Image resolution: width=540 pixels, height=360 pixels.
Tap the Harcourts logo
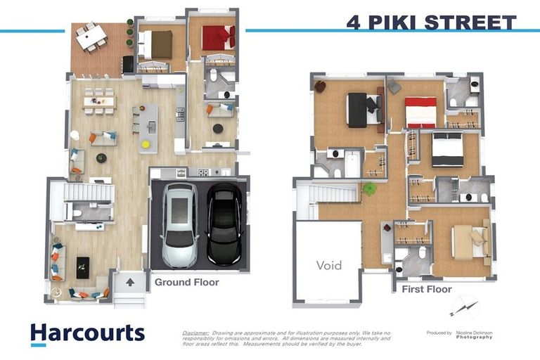click(x=87, y=333)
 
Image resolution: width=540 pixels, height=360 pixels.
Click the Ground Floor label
click(x=186, y=283)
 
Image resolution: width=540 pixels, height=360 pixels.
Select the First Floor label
click(x=426, y=289)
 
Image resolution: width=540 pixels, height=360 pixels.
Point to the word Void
click(x=328, y=265)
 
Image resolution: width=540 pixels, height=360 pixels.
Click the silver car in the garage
click(x=179, y=224)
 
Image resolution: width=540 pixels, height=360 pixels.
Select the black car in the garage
click(x=224, y=223)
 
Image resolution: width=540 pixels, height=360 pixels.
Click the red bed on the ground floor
click(x=217, y=38)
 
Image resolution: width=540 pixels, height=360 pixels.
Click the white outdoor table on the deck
click(x=91, y=37)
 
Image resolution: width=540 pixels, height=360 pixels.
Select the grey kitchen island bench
click(x=148, y=127)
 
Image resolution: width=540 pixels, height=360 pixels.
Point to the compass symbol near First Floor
click(x=463, y=307)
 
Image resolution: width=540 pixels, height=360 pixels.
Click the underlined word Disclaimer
click(x=195, y=332)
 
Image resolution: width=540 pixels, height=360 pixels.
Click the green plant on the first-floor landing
click(x=368, y=188)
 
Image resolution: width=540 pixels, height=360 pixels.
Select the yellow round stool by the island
click(x=146, y=144)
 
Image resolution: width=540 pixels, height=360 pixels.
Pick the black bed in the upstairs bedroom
click(x=357, y=110)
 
